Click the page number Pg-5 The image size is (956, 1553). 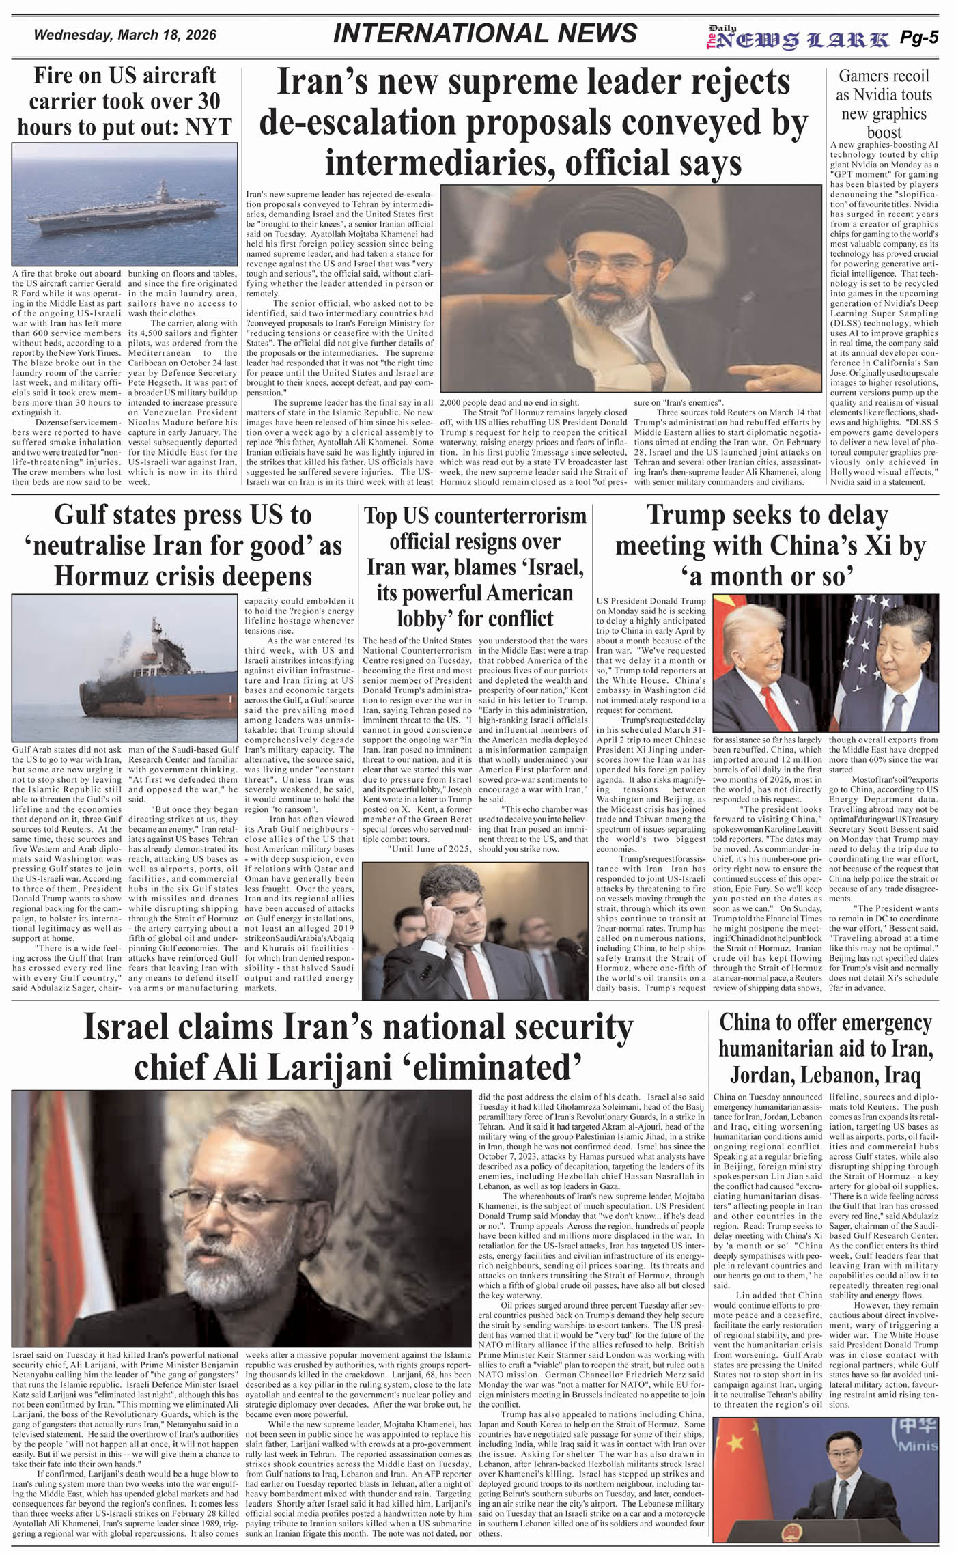(x=919, y=38)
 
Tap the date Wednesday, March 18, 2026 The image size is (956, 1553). (x=125, y=35)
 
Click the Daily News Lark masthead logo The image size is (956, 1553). (x=798, y=40)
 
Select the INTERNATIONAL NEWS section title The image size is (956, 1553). (x=485, y=33)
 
